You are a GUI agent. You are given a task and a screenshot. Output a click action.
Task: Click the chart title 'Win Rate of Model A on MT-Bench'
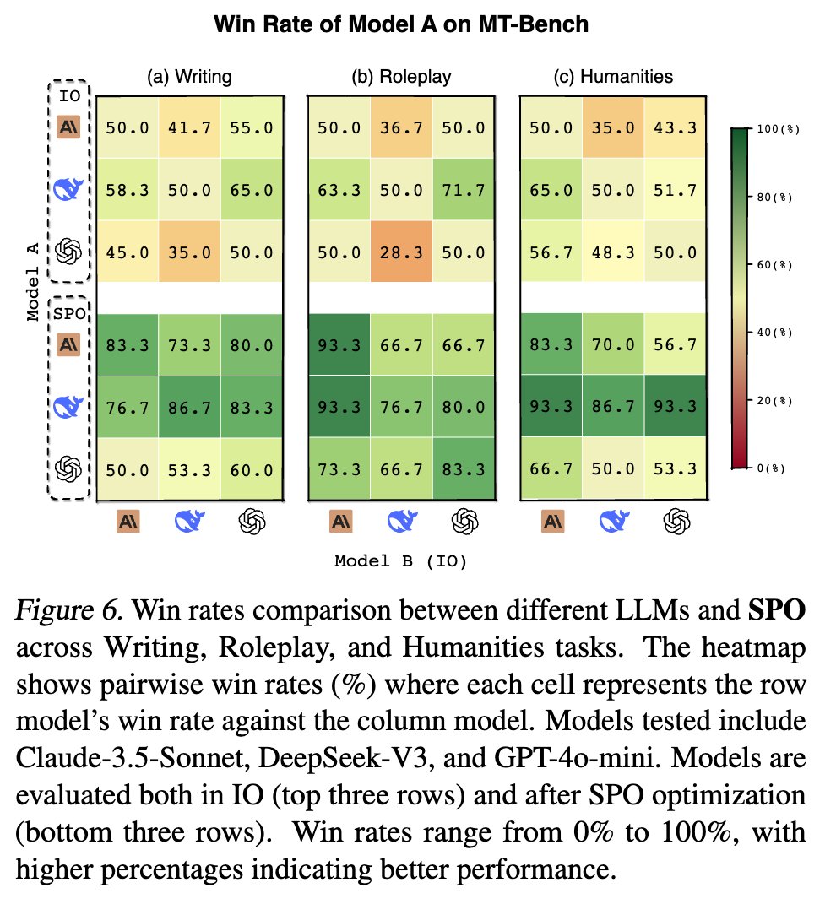(x=401, y=24)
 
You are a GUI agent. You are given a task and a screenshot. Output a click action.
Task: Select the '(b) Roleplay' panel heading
(x=401, y=77)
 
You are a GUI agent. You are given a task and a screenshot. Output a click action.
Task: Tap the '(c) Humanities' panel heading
(x=612, y=77)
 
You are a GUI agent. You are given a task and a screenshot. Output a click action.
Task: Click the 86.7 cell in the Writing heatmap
(x=190, y=406)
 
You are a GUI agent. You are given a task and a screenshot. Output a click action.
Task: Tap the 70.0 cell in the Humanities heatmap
(x=612, y=344)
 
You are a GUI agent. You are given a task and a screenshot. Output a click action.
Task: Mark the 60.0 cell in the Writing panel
(x=252, y=468)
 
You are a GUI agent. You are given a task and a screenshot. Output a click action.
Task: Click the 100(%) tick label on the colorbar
(x=778, y=129)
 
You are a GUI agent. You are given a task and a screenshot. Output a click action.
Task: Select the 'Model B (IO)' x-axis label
(x=401, y=561)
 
